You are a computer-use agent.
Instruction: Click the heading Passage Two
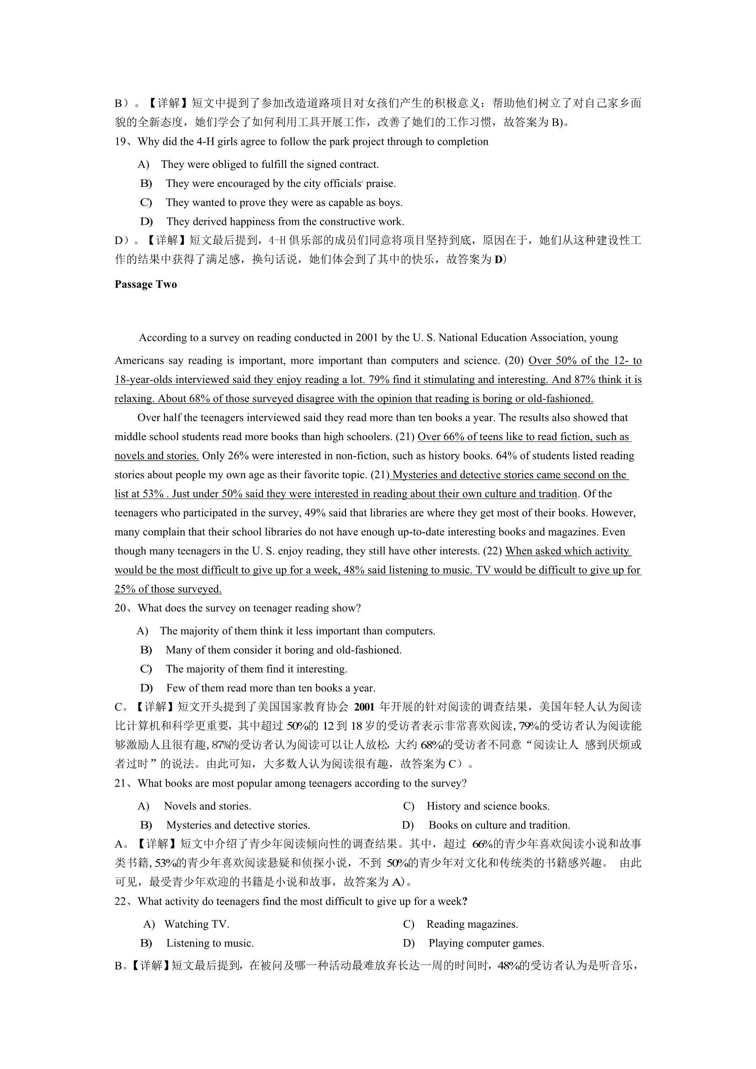146,284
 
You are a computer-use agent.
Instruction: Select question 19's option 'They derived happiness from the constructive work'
285,222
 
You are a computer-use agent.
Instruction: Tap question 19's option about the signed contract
270,165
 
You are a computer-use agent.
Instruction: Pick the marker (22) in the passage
493,551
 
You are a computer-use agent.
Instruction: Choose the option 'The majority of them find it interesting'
256,669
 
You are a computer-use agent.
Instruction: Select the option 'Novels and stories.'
207,806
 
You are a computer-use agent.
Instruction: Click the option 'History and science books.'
487,806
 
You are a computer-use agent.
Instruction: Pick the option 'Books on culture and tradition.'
499,825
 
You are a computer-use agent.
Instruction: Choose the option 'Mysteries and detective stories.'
238,825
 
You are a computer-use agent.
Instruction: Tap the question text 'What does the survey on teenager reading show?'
249,608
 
